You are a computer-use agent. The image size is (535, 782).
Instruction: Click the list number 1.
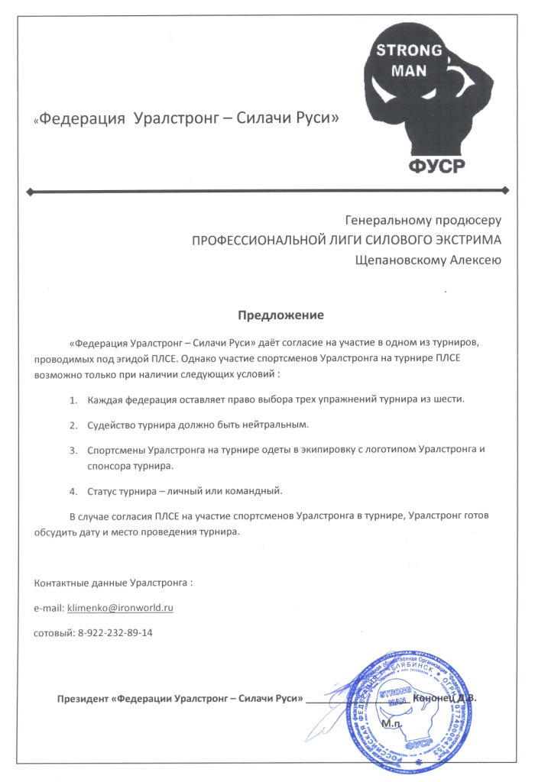(x=73, y=399)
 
